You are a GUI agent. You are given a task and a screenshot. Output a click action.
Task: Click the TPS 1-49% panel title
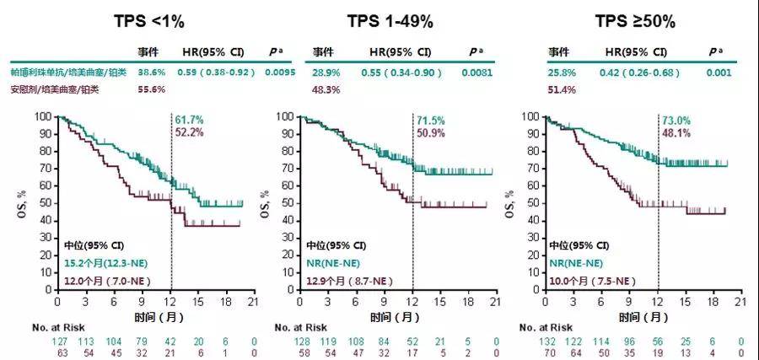pos(398,21)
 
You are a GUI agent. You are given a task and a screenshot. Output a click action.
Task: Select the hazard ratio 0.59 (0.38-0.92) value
pos(216,73)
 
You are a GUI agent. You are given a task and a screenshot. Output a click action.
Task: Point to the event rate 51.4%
pos(563,89)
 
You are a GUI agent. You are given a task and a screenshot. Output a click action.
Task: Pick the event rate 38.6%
pos(152,73)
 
